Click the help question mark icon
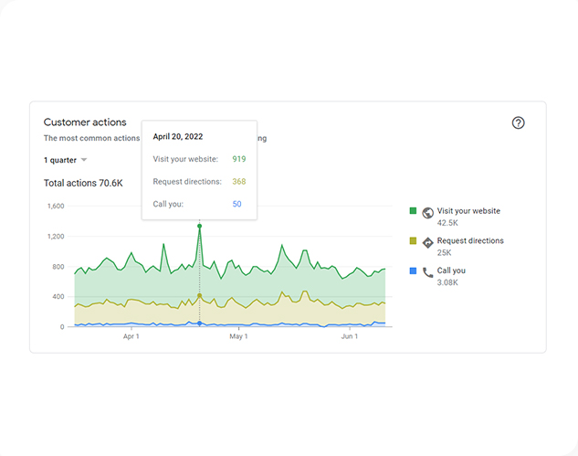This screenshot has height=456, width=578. pyautogui.click(x=518, y=122)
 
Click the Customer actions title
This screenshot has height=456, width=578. pyautogui.click(x=85, y=122)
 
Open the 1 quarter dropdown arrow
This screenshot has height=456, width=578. pyautogui.click(x=84, y=160)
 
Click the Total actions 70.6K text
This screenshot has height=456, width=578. pyautogui.click(x=83, y=183)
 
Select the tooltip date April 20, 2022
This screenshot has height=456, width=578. pyautogui.click(x=178, y=136)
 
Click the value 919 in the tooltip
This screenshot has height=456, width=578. pyautogui.click(x=239, y=159)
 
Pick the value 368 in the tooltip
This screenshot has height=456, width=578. pyautogui.click(x=239, y=182)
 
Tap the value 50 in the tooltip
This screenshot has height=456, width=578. pyautogui.click(x=236, y=204)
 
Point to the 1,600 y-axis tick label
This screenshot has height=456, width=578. pyautogui.click(x=56, y=206)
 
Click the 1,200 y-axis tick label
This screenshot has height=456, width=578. pyautogui.click(x=56, y=236)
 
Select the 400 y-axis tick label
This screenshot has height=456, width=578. pyautogui.click(x=58, y=297)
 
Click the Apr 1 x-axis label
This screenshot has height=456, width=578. pyautogui.click(x=131, y=336)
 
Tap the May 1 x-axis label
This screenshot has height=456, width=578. pyautogui.click(x=238, y=336)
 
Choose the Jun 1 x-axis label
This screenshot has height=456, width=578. pyautogui.click(x=350, y=336)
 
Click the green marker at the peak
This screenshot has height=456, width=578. pyautogui.click(x=199, y=226)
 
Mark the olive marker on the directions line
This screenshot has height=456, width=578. pyautogui.click(x=199, y=295)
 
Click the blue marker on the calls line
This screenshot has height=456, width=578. pyautogui.click(x=199, y=323)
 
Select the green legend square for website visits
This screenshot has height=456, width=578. pyautogui.click(x=413, y=211)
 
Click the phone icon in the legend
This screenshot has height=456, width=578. pyautogui.click(x=427, y=272)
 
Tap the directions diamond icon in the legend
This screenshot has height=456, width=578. pyautogui.click(x=427, y=243)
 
